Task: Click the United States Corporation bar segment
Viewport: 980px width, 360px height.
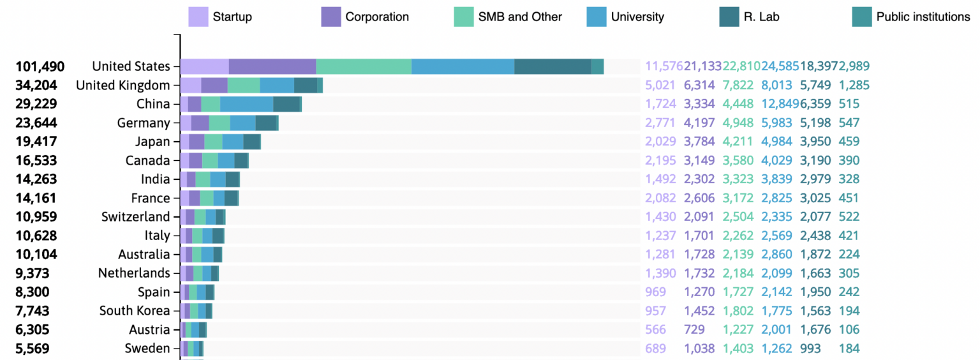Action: click(272, 66)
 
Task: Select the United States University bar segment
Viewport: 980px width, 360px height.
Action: click(463, 66)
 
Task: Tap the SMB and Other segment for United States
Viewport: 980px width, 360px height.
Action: click(364, 66)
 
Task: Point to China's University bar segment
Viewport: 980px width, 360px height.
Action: click(247, 104)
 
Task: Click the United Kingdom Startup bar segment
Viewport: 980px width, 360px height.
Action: click(191, 86)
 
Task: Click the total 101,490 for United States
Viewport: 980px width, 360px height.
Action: click(40, 66)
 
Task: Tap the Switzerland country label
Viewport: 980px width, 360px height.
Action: click(136, 217)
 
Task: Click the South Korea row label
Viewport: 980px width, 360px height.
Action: click(135, 311)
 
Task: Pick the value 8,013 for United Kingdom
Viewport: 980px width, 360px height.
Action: click(776, 86)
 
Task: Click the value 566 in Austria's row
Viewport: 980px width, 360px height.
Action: click(655, 330)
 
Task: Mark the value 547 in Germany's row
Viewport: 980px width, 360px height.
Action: click(849, 123)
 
